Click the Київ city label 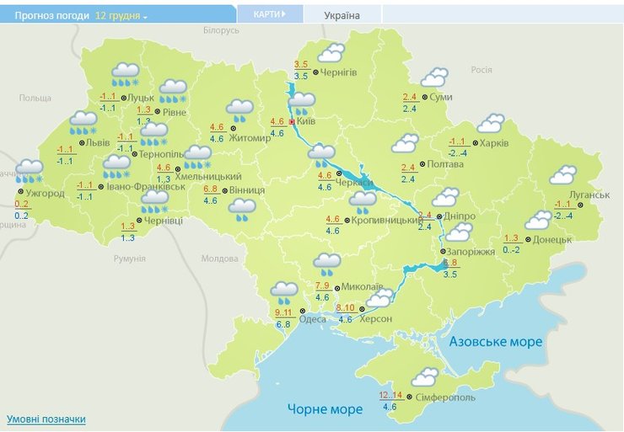(306, 122)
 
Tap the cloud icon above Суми (434, 78)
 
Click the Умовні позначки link (46, 419)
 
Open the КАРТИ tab (269, 14)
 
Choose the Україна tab (342, 15)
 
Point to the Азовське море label (496, 342)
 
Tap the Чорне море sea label (325, 409)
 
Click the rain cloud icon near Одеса (284, 292)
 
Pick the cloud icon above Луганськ (562, 175)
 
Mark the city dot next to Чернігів (315, 72)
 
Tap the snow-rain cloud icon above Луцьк (126, 74)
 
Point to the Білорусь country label (222, 30)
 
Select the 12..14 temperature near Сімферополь (391, 395)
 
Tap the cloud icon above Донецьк (538, 220)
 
